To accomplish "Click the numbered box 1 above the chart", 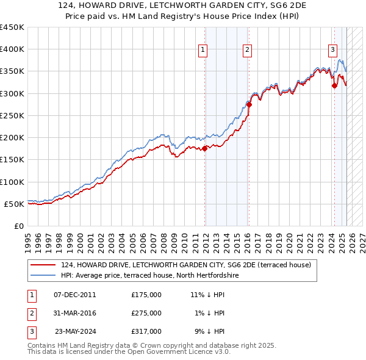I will tap(203, 51).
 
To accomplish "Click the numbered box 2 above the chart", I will tap(247, 51).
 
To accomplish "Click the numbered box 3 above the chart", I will tap(332, 51).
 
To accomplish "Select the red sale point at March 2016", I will tap(249, 104).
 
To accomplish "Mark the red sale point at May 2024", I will tap(334, 86).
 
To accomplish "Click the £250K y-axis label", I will tap(12, 115).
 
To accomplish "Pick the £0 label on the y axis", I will tap(18, 226).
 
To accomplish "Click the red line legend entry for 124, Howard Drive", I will tap(186, 265).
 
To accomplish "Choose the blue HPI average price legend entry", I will tap(150, 275).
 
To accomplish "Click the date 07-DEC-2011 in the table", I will tap(75, 295).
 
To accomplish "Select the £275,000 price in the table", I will tap(146, 313).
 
